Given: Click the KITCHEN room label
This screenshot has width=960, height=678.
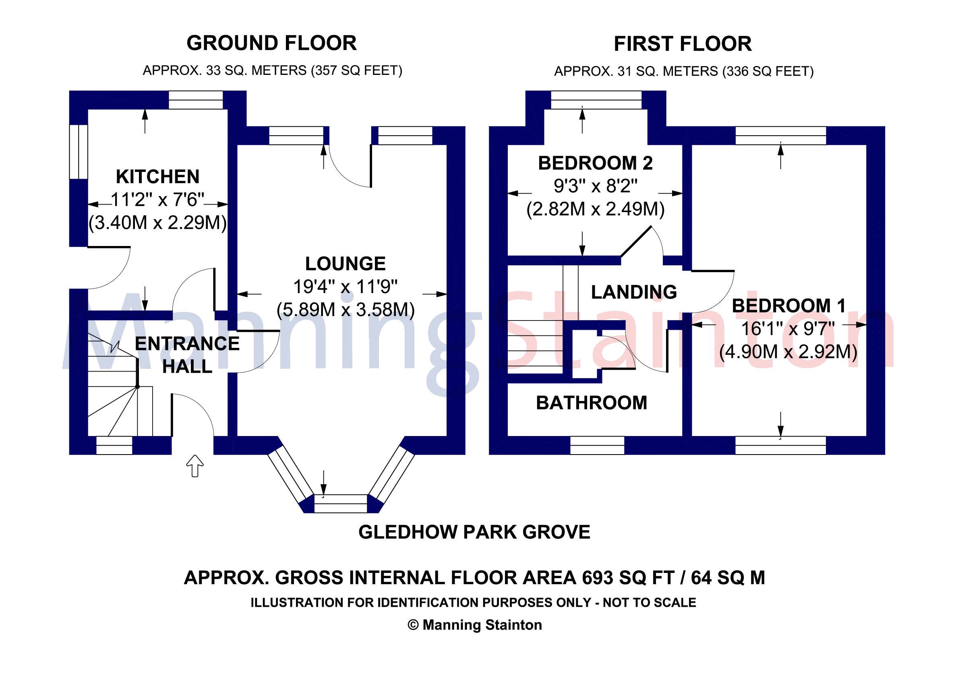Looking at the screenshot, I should coord(157,177).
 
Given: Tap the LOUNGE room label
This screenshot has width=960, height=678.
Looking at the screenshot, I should coord(346,264).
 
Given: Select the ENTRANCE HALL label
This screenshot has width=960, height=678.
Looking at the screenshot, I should coord(187,355).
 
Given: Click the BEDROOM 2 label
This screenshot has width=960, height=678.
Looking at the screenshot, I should coord(595,163).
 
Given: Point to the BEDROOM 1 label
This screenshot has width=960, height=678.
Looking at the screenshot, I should coord(788,306).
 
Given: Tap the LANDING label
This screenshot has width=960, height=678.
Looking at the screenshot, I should coord(634,292).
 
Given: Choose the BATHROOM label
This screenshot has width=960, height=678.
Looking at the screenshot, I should coord(592,403).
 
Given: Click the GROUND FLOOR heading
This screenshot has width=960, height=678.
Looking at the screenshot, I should coord(271,43).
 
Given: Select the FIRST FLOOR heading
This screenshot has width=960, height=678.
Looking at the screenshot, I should coord(683,44).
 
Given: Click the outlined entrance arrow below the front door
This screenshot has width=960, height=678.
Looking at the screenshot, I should coord(195,466).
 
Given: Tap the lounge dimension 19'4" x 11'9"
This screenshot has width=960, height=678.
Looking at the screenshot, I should coord(346,287).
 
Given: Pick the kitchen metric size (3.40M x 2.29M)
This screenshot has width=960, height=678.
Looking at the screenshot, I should coord(157,222).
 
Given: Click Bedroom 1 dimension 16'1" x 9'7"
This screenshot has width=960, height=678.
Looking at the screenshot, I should coord(788,329).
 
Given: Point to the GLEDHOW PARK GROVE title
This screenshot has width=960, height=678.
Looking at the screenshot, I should coord(474,532).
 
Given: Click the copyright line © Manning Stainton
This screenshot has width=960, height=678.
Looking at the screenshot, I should coord(475,625).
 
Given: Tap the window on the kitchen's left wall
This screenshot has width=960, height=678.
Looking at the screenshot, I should coord(78,152).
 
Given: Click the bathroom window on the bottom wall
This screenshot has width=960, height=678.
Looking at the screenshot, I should coord(597,446).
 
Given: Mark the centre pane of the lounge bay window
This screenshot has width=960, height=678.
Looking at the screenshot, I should coord(340,504).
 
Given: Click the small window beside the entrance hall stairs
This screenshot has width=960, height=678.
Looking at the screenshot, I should coord(114,446).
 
